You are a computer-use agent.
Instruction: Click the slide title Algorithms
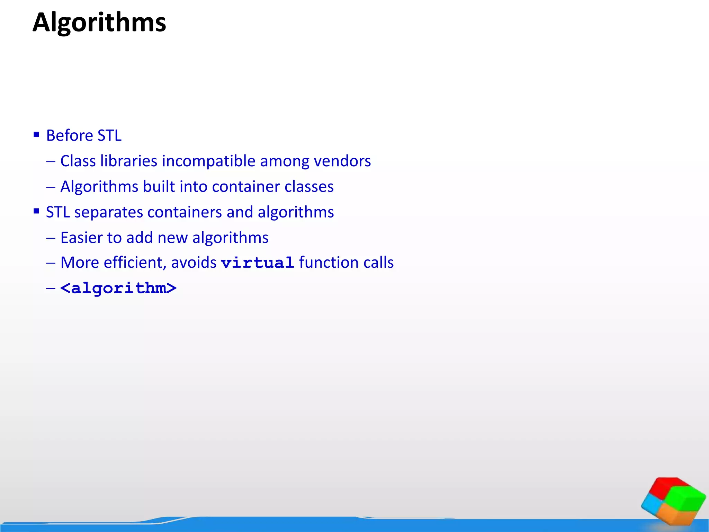[99, 23]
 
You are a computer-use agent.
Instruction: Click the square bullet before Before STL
[36, 134]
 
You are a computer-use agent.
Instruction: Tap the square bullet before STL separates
[36, 211]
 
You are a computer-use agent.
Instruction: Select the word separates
[108, 212]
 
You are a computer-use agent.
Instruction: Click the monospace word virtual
[258, 263]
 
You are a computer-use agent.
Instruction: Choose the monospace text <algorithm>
[118, 288]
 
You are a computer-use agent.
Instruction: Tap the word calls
[379, 263]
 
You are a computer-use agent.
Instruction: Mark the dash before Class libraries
[51, 161]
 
